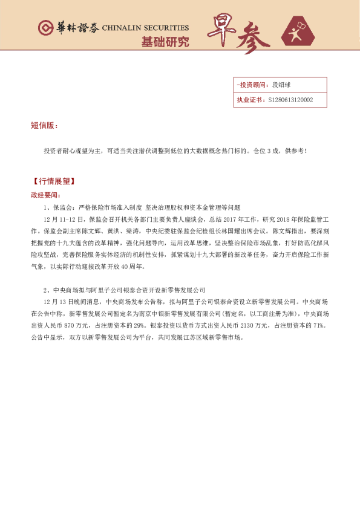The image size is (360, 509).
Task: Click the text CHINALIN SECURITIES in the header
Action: point(145,28)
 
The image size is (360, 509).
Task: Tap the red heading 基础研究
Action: point(165,42)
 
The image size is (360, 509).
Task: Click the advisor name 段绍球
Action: point(281,85)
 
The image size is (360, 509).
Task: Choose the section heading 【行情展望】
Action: point(53,181)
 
